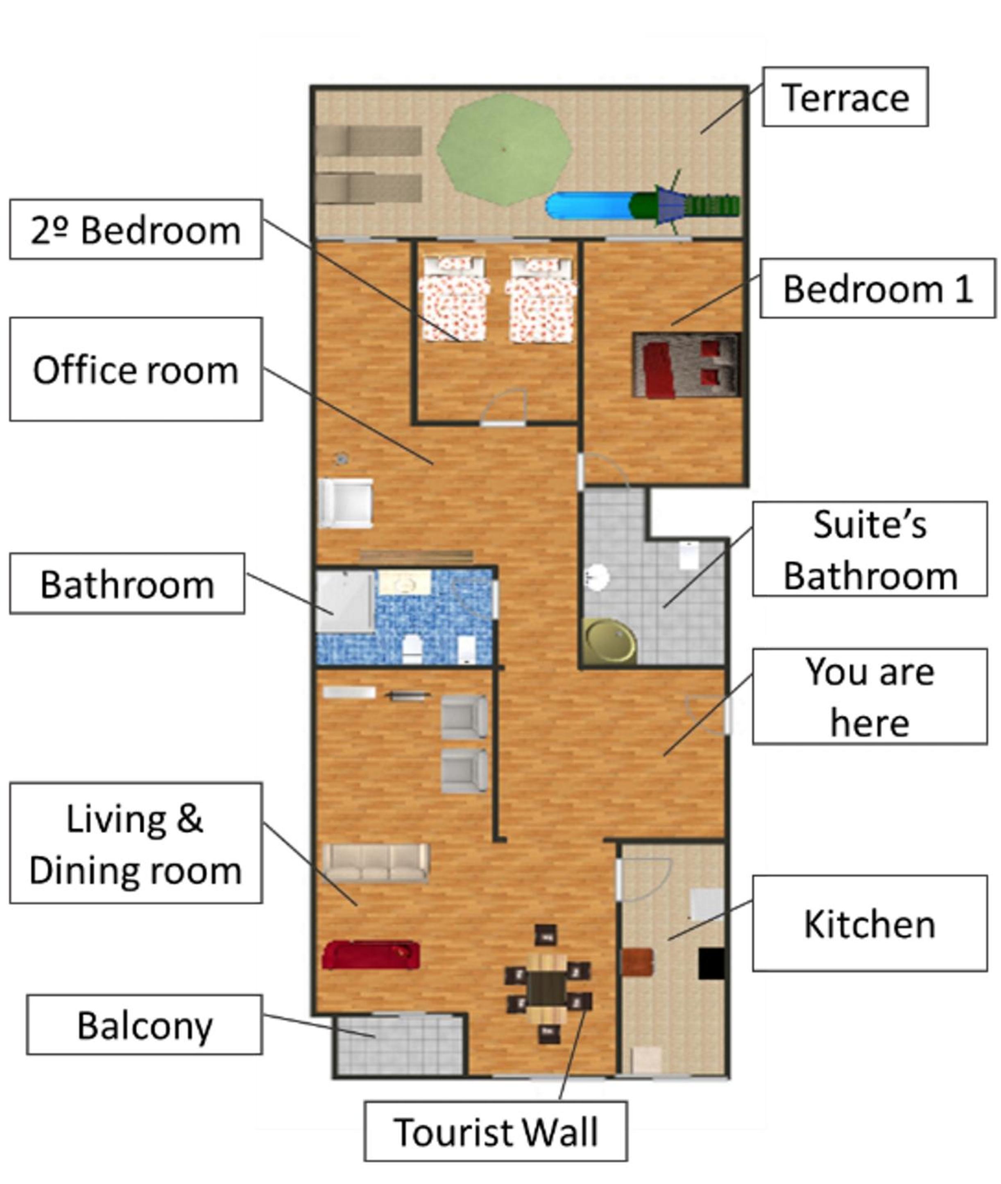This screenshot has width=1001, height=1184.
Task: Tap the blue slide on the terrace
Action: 590,206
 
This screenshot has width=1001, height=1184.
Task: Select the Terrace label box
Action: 845,97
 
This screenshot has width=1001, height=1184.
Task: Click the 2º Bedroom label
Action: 136,230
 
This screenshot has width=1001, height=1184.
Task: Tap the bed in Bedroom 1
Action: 686,365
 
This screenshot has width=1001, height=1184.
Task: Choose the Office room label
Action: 136,370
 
